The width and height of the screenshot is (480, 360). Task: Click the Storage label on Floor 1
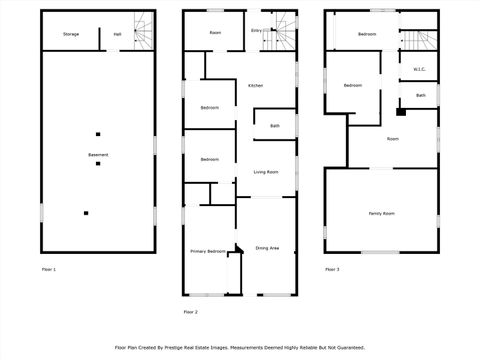[x=71, y=34]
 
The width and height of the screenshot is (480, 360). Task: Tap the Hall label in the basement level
[x=117, y=34]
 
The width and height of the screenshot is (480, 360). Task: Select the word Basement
[x=98, y=155]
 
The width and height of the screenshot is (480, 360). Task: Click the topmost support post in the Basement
[x=98, y=134]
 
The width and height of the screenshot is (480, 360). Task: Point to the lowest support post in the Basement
[x=86, y=212]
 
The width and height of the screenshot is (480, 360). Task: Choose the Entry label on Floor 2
[x=256, y=31]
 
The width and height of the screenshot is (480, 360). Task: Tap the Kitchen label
[x=255, y=86]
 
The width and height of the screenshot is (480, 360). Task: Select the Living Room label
[x=265, y=172]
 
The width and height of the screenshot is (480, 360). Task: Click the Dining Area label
[x=267, y=247]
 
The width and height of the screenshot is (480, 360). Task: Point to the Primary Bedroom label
[x=207, y=251]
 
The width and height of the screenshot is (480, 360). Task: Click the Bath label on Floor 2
[x=274, y=126]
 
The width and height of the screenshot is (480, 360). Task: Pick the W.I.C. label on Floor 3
[x=419, y=69]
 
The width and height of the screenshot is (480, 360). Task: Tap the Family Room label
[x=381, y=213]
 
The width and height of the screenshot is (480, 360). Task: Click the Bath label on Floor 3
[x=420, y=95]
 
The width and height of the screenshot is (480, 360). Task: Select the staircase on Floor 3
[x=418, y=40]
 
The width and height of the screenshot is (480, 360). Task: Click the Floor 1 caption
[x=49, y=270]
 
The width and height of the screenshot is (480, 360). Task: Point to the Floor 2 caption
[x=190, y=312]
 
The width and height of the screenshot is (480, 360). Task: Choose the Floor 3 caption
[x=332, y=270]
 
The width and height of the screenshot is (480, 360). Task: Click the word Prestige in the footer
[x=200, y=347]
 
